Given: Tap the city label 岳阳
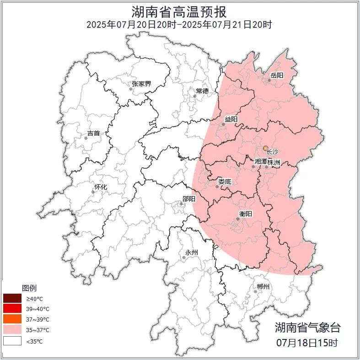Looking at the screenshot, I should point(277,75).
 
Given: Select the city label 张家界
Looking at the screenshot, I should point(141,84).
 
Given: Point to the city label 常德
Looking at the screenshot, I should point(202,91).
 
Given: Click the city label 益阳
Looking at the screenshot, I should point(231,119).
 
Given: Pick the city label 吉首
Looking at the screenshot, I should point(93,133).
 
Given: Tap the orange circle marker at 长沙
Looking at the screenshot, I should point(265,148).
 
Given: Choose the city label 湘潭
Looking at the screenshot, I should point(261,161).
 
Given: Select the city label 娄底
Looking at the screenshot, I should point(225,182).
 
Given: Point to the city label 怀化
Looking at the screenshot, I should point(101,187).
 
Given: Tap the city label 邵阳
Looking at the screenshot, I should point(188,199).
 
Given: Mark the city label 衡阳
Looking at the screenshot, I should point(246,214).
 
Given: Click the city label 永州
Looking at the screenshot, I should point(191,253).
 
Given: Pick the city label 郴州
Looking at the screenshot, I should point(263,287).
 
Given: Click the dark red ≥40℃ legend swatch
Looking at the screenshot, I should point(12,298).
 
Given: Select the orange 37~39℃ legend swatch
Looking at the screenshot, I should point(12,319).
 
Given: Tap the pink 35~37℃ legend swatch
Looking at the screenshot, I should point(12,330).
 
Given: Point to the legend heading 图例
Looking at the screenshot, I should point(29,288).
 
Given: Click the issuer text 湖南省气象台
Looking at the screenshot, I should point(307,328).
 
